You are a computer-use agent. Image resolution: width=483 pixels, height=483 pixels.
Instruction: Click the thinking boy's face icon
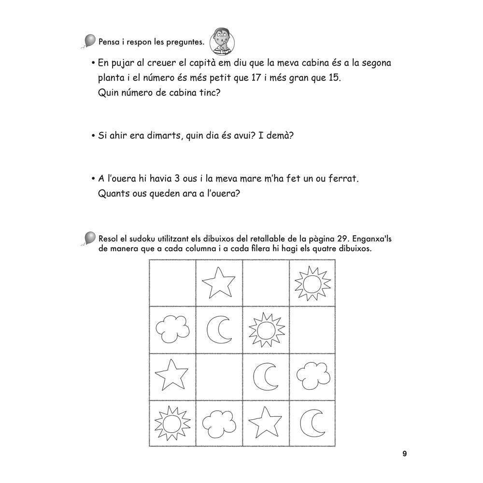coord(220,42)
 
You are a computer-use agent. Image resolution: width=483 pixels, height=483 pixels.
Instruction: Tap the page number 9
coord(405,454)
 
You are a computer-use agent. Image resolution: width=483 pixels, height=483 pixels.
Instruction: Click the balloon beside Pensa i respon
coord(90,41)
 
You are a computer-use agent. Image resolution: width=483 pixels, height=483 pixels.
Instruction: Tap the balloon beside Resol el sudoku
coord(90,238)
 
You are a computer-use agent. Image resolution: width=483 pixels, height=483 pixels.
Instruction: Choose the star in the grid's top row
coord(218,283)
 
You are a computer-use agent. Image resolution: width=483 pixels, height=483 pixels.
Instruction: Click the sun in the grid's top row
coord(312,283)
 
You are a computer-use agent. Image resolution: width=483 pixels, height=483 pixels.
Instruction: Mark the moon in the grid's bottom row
coord(311,424)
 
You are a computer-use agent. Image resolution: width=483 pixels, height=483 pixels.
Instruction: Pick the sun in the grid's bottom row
coord(171,424)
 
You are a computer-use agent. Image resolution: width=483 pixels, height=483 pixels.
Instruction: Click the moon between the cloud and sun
coord(218,330)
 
